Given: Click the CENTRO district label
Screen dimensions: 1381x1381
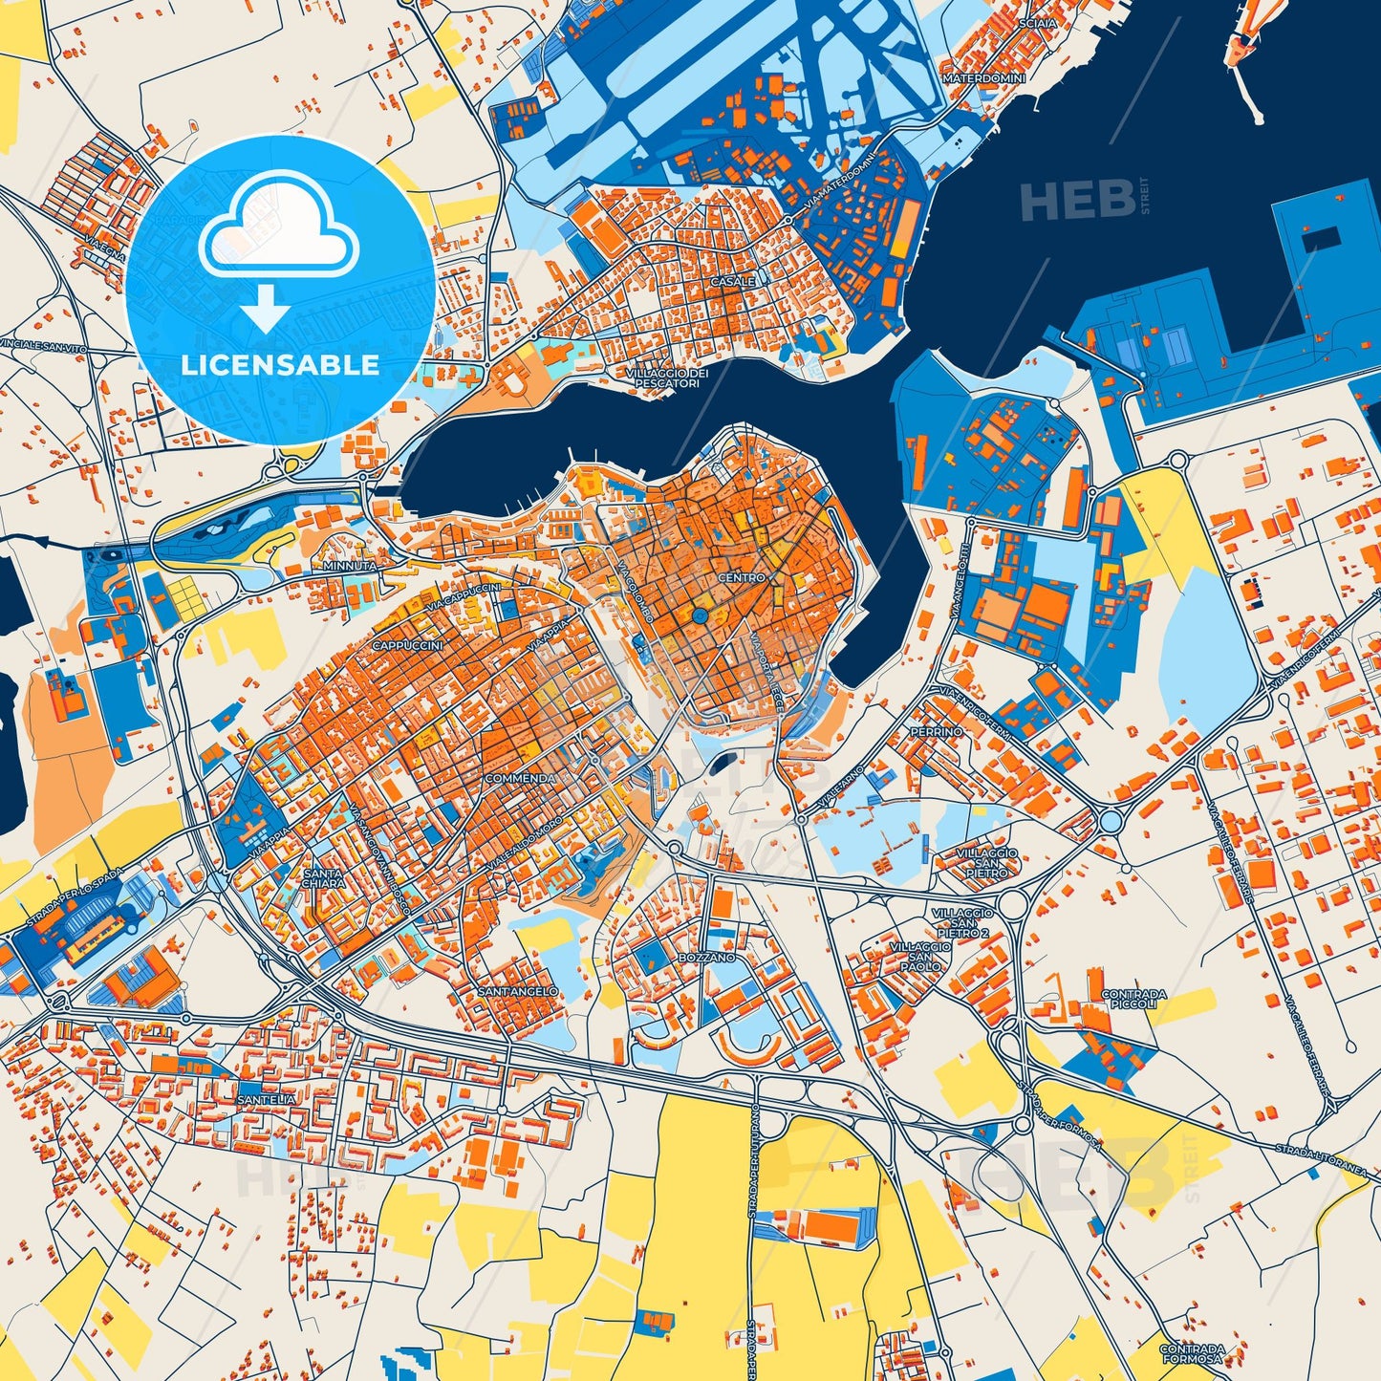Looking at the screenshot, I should click(x=742, y=577).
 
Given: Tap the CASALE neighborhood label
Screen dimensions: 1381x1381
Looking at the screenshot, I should click(x=732, y=282).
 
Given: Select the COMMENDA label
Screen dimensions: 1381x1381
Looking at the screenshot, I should click(x=520, y=778).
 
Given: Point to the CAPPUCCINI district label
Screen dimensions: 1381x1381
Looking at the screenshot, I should click(x=407, y=646).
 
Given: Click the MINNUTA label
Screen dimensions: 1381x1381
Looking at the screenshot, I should click(x=350, y=565).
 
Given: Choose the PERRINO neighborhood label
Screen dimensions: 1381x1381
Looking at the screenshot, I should click(x=937, y=731).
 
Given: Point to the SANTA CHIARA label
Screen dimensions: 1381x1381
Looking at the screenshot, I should click(x=322, y=878).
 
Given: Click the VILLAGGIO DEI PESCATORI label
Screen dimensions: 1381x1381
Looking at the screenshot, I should click(x=667, y=378).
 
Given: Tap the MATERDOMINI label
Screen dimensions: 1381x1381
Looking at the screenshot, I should click(x=983, y=77).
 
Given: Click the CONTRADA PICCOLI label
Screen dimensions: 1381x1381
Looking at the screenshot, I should click(x=1134, y=999).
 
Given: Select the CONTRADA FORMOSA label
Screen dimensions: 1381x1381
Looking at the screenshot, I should click(x=1191, y=1354).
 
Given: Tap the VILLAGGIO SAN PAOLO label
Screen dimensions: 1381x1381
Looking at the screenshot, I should click(x=919, y=956).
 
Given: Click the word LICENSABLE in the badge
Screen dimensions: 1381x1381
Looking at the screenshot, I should click(x=280, y=365).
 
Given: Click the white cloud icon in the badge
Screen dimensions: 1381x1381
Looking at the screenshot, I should click(x=278, y=229).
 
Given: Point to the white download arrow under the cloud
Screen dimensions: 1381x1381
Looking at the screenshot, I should click(x=266, y=308).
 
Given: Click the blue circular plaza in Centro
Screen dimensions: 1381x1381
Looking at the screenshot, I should click(x=700, y=617).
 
